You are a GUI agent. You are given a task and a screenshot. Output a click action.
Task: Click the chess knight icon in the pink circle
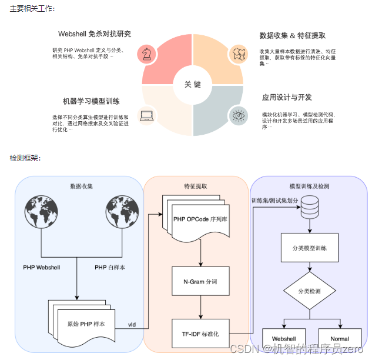[146, 54]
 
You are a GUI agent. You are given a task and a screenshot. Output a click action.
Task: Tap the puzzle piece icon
[237, 54]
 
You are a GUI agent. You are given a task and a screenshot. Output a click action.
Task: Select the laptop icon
[146, 116]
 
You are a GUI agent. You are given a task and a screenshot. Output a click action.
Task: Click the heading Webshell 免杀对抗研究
[95, 34]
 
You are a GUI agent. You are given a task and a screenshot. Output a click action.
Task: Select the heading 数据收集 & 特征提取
[292, 35]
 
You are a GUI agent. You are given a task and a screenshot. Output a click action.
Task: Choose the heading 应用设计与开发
[287, 97]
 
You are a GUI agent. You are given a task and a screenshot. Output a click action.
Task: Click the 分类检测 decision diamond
[310, 291]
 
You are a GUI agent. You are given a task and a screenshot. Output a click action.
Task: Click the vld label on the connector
[132, 324]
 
